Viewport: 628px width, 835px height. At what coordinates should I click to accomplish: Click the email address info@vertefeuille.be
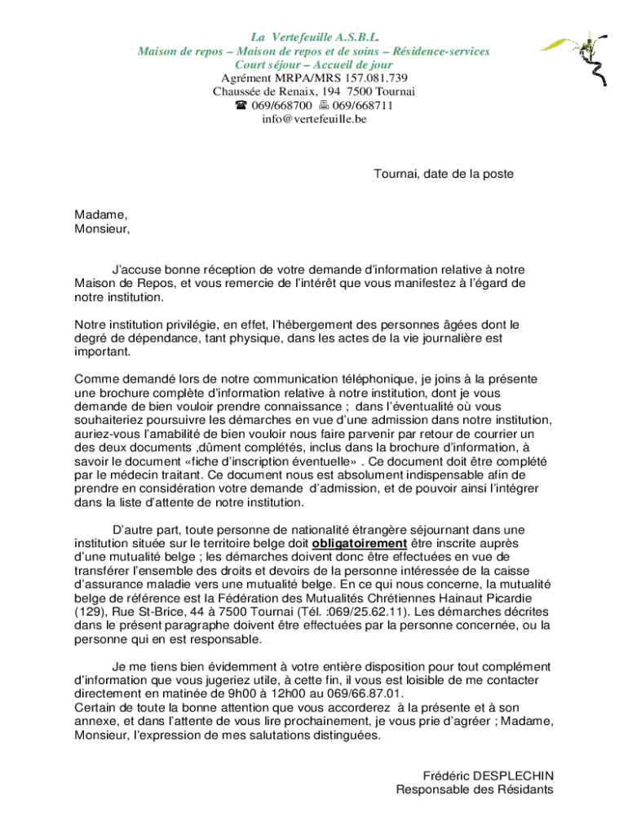pos(314,119)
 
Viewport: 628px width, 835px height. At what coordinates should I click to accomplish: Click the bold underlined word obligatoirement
pos(359,543)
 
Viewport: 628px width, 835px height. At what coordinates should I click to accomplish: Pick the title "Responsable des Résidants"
pos(475,789)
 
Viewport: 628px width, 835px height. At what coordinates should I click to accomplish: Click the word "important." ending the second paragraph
pos(102,352)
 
